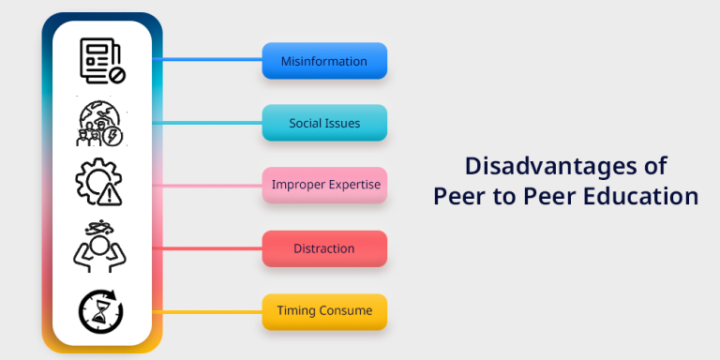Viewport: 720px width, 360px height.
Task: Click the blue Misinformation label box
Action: pos(323,61)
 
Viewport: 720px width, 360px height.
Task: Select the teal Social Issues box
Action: pos(323,123)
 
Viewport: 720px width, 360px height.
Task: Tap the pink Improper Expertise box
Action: pos(323,185)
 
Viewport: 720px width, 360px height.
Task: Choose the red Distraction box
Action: pos(323,248)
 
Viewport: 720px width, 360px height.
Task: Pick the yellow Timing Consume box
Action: pos(323,310)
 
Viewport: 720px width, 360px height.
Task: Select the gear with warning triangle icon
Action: pos(100,184)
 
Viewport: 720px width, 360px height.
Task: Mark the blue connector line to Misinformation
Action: pos(211,59)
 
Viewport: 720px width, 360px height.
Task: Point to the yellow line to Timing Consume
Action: pos(211,310)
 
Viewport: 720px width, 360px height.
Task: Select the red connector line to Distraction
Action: pos(211,248)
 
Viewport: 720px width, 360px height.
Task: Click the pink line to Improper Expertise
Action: pos(211,185)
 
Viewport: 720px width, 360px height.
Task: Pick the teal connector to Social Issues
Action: pos(211,122)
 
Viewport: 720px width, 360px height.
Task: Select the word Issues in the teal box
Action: pos(343,123)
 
